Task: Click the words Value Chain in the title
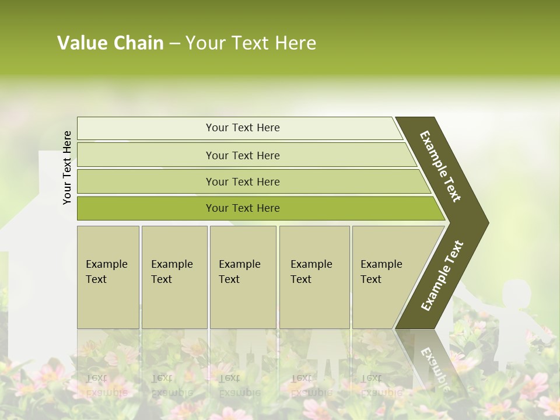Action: coord(110,43)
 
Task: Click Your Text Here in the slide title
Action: coord(251,43)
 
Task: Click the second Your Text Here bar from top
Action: coord(243,155)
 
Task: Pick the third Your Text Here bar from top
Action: coord(243,181)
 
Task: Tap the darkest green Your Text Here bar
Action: coord(243,208)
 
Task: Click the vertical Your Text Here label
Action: coord(67,167)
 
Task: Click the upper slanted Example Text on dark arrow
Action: coord(440,166)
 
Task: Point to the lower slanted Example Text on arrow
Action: coord(442,276)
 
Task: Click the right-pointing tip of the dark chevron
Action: coord(484,223)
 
